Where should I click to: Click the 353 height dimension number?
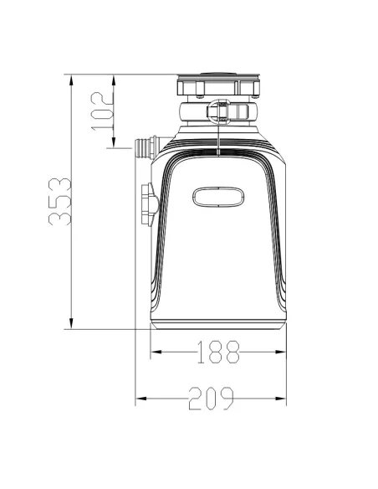click(x=60, y=202)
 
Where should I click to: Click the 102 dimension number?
click(x=102, y=111)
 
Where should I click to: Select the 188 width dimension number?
click(x=218, y=352)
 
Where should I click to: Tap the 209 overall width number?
click(x=211, y=399)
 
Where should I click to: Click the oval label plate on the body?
click(x=218, y=197)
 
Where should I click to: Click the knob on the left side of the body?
click(x=150, y=204)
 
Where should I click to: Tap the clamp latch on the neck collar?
click(x=220, y=112)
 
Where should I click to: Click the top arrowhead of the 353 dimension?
click(x=71, y=80)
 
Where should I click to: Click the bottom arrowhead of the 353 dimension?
click(x=71, y=323)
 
